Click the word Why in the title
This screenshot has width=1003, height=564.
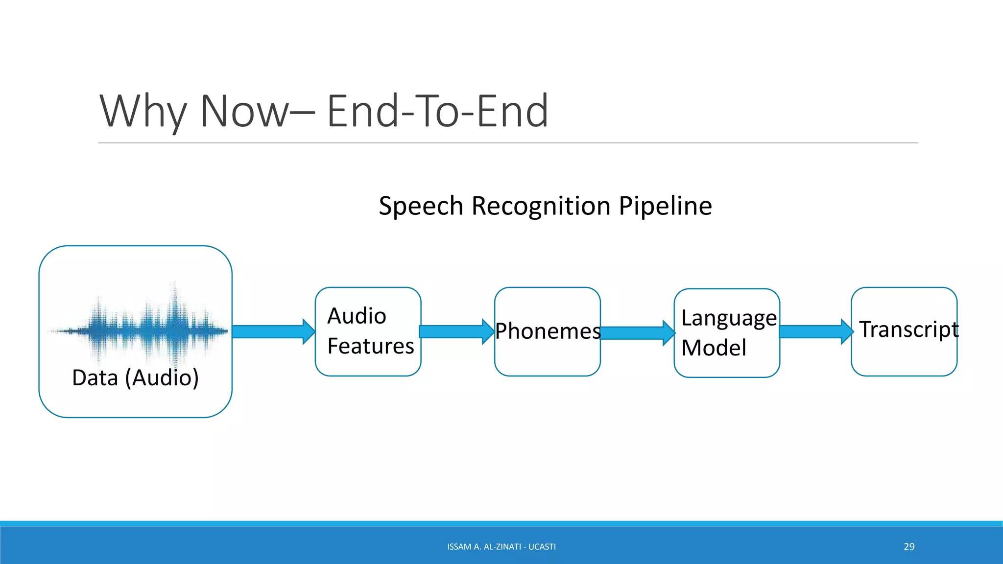click(x=143, y=113)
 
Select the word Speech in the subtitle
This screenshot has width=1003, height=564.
click(x=421, y=206)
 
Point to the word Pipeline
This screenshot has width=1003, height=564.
click(x=665, y=206)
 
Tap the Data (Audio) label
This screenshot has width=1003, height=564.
click(x=135, y=377)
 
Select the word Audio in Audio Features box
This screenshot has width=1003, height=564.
click(x=357, y=316)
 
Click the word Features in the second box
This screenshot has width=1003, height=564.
click(x=370, y=346)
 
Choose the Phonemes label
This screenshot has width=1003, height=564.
click(x=548, y=331)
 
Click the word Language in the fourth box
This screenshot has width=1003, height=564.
click(x=728, y=318)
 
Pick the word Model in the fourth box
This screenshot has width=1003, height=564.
click(x=714, y=348)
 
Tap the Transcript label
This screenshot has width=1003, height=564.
click(x=908, y=329)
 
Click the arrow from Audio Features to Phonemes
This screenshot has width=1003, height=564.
click(x=456, y=331)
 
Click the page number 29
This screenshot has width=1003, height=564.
click(x=909, y=546)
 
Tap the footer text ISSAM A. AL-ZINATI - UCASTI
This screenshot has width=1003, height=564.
click(x=501, y=546)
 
